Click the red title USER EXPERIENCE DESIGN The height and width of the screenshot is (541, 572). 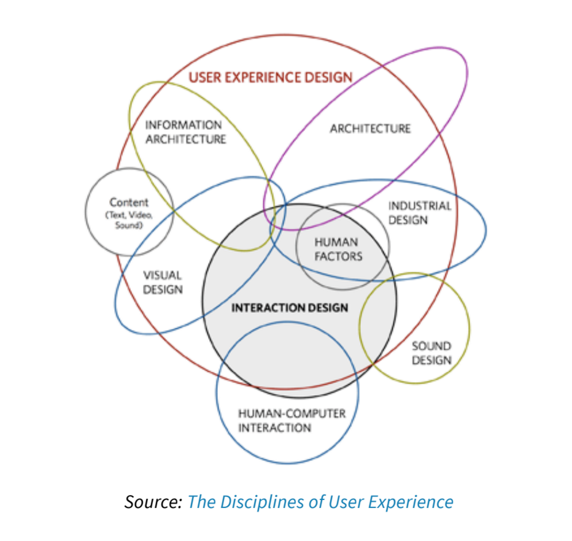[270, 77]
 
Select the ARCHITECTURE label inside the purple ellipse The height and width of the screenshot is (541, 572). [370, 128]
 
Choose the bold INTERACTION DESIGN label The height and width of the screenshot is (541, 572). [289, 307]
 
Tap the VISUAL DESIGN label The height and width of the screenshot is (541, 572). [163, 282]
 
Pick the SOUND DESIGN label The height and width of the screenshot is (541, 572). [431, 353]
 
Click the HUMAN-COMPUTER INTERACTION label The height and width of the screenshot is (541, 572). [292, 420]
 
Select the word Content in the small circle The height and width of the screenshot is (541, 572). [129, 202]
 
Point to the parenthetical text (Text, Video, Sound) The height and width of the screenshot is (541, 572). [129, 221]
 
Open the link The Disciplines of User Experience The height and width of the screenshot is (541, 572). [320, 502]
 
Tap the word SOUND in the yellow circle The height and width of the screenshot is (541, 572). [431, 347]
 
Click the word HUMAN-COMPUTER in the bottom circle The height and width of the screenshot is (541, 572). [292, 413]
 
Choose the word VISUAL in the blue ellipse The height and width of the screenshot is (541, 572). [163, 275]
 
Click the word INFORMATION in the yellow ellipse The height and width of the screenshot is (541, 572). [183, 125]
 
